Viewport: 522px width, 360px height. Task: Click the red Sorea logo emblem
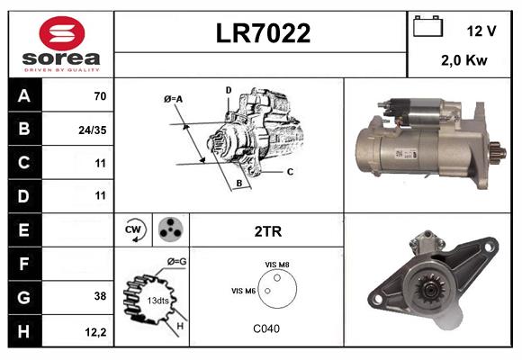pyautogui.click(x=62, y=33)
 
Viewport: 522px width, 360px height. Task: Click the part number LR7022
pyautogui.click(x=263, y=33)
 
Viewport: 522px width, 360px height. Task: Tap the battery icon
pyautogui.click(x=427, y=26)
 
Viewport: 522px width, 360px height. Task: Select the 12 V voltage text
pyautogui.click(x=481, y=31)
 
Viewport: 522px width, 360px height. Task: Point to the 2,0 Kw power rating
pyautogui.click(x=464, y=60)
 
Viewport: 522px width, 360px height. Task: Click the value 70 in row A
pyautogui.click(x=100, y=96)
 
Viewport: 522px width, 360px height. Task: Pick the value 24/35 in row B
pyautogui.click(x=93, y=130)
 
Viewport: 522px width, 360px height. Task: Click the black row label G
pyautogui.click(x=24, y=297)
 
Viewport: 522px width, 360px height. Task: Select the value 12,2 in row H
pyautogui.click(x=95, y=332)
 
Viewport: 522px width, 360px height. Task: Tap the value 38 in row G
pyautogui.click(x=100, y=296)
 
